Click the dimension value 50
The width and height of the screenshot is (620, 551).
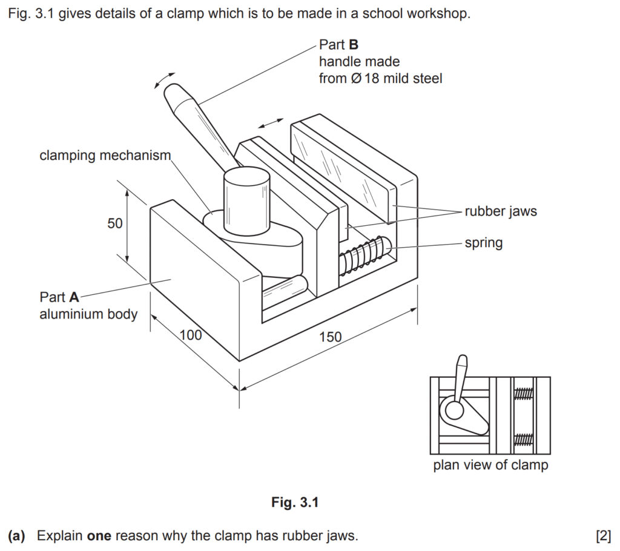115,223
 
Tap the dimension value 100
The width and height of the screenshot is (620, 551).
191,335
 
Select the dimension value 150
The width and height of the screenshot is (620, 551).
330,337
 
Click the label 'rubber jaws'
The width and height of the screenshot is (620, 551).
501,211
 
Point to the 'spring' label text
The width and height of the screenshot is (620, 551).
483,243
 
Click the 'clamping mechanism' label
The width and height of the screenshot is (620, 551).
105,156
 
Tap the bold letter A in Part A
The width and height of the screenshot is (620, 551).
74,297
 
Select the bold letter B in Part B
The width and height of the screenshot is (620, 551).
354,45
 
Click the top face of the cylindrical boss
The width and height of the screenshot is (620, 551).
246,179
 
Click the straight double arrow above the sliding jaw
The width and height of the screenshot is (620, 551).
269,122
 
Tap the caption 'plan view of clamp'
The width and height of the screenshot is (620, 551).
490,466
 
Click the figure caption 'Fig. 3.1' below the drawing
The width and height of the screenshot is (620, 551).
295,502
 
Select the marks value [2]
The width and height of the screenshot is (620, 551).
603,536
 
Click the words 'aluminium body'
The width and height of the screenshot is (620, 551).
88,314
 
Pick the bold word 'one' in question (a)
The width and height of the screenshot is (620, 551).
99,536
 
